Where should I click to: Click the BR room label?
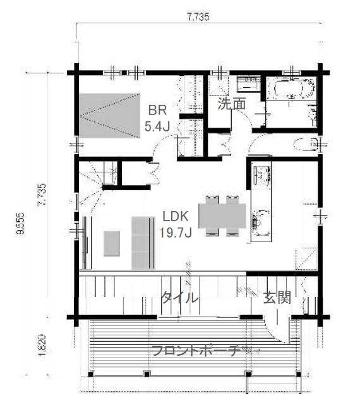click(x=157, y=111)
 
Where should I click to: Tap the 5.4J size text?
click(x=157, y=126)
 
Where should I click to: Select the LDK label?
click(x=176, y=217)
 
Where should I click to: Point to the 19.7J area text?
click(x=176, y=233)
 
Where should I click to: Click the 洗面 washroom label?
click(x=232, y=104)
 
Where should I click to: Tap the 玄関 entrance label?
click(x=277, y=298)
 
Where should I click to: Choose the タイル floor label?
click(x=179, y=298)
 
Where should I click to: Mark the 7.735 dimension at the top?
click(x=198, y=17)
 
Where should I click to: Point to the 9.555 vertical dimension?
click(x=20, y=223)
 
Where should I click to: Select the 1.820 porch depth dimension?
click(x=42, y=345)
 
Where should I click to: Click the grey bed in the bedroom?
click(x=110, y=116)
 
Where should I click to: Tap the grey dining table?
click(x=222, y=216)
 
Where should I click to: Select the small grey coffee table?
click(x=112, y=243)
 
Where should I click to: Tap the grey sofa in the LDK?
click(x=143, y=243)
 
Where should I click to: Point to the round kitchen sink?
click(x=261, y=222)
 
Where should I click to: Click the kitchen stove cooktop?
click(x=262, y=175)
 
